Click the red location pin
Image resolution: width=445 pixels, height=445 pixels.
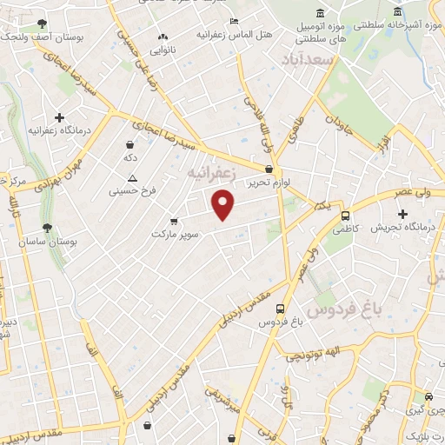click(x=224, y=205)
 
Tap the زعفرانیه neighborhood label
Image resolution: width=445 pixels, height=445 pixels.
click(x=211, y=174)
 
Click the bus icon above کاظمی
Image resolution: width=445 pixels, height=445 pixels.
click(x=346, y=216)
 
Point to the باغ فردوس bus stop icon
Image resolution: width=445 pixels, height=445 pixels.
click(x=280, y=309)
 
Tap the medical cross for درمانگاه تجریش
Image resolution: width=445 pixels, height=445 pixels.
click(x=402, y=214)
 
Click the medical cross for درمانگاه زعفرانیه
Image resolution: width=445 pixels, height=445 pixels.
click(x=59, y=117)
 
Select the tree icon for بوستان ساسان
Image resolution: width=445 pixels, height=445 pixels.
click(x=47, y=229)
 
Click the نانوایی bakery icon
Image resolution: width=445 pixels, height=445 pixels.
click(x=162, y=37)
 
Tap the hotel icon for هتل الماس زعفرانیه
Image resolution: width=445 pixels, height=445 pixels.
click(x=234, y=21)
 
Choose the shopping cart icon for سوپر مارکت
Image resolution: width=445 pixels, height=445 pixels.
click(x=175, y=221)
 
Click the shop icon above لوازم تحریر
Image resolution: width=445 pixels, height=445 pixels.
click(x=269, y=169)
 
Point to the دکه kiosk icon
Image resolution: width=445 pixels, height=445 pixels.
click(x=130, y=144)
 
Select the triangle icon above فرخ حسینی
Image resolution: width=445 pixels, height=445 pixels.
click(x=132, y=177)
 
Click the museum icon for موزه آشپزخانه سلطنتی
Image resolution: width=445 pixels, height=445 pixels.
click(x=397, y=12)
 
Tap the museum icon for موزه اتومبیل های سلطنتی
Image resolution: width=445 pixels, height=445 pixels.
click(x=320, y=13)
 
